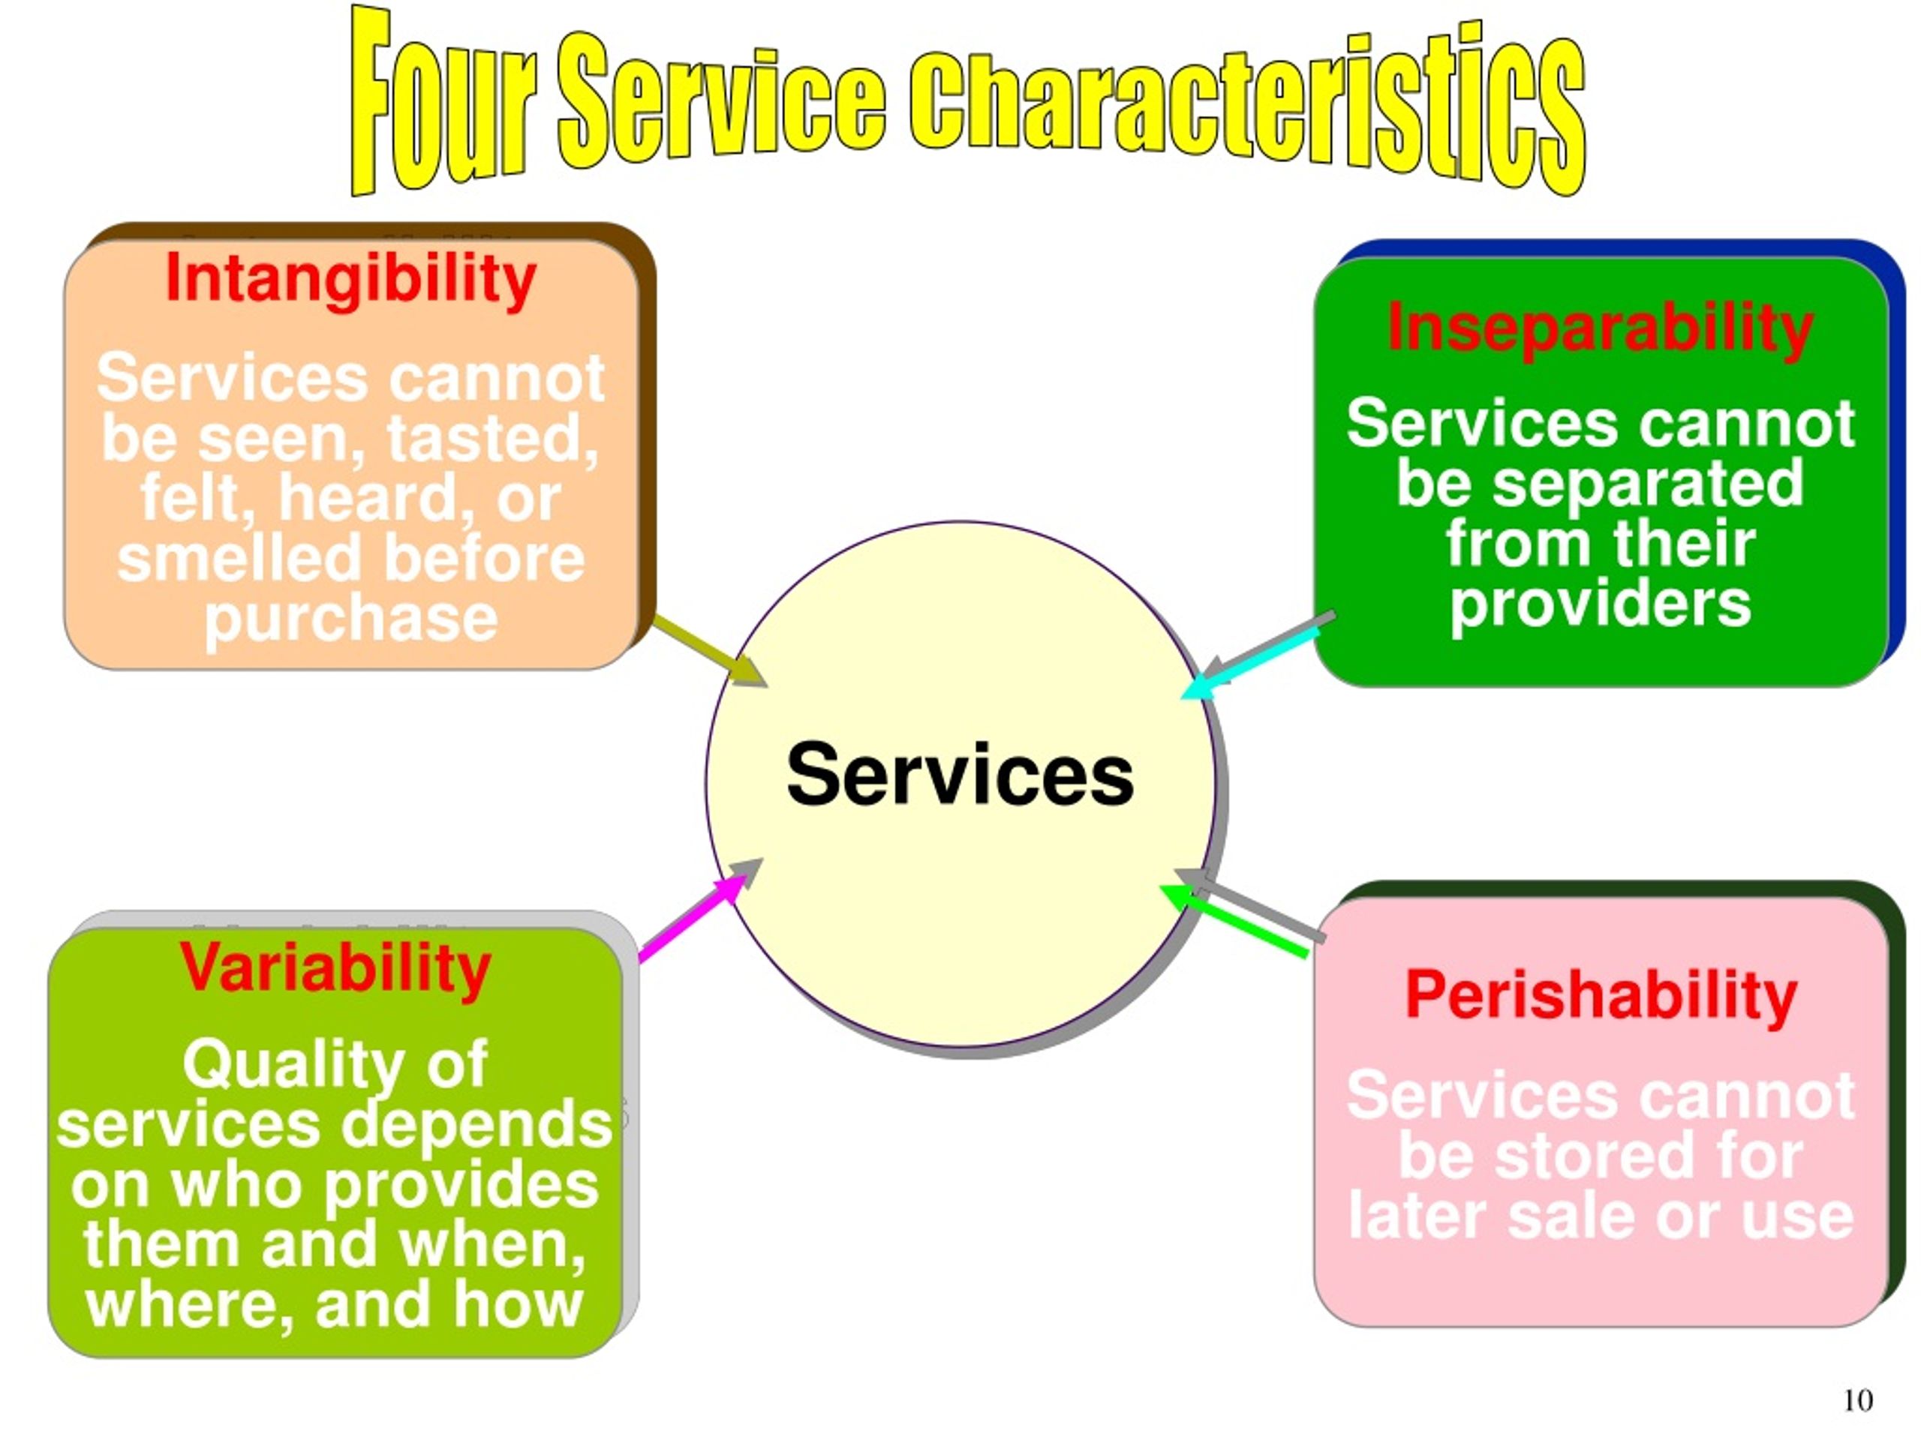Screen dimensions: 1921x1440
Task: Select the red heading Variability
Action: point(335,970)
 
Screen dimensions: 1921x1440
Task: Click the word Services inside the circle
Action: point(960,775)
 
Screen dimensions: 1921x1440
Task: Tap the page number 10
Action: point(1858,1400)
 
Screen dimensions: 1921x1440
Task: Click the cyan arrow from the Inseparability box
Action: point(1252,664)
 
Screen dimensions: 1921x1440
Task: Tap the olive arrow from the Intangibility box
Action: point(711,651)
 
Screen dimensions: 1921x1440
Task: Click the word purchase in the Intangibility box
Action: point(351,620)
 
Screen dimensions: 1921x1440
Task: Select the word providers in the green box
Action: point(1601,605)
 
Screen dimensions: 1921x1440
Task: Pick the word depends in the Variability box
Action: point(476,1126)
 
